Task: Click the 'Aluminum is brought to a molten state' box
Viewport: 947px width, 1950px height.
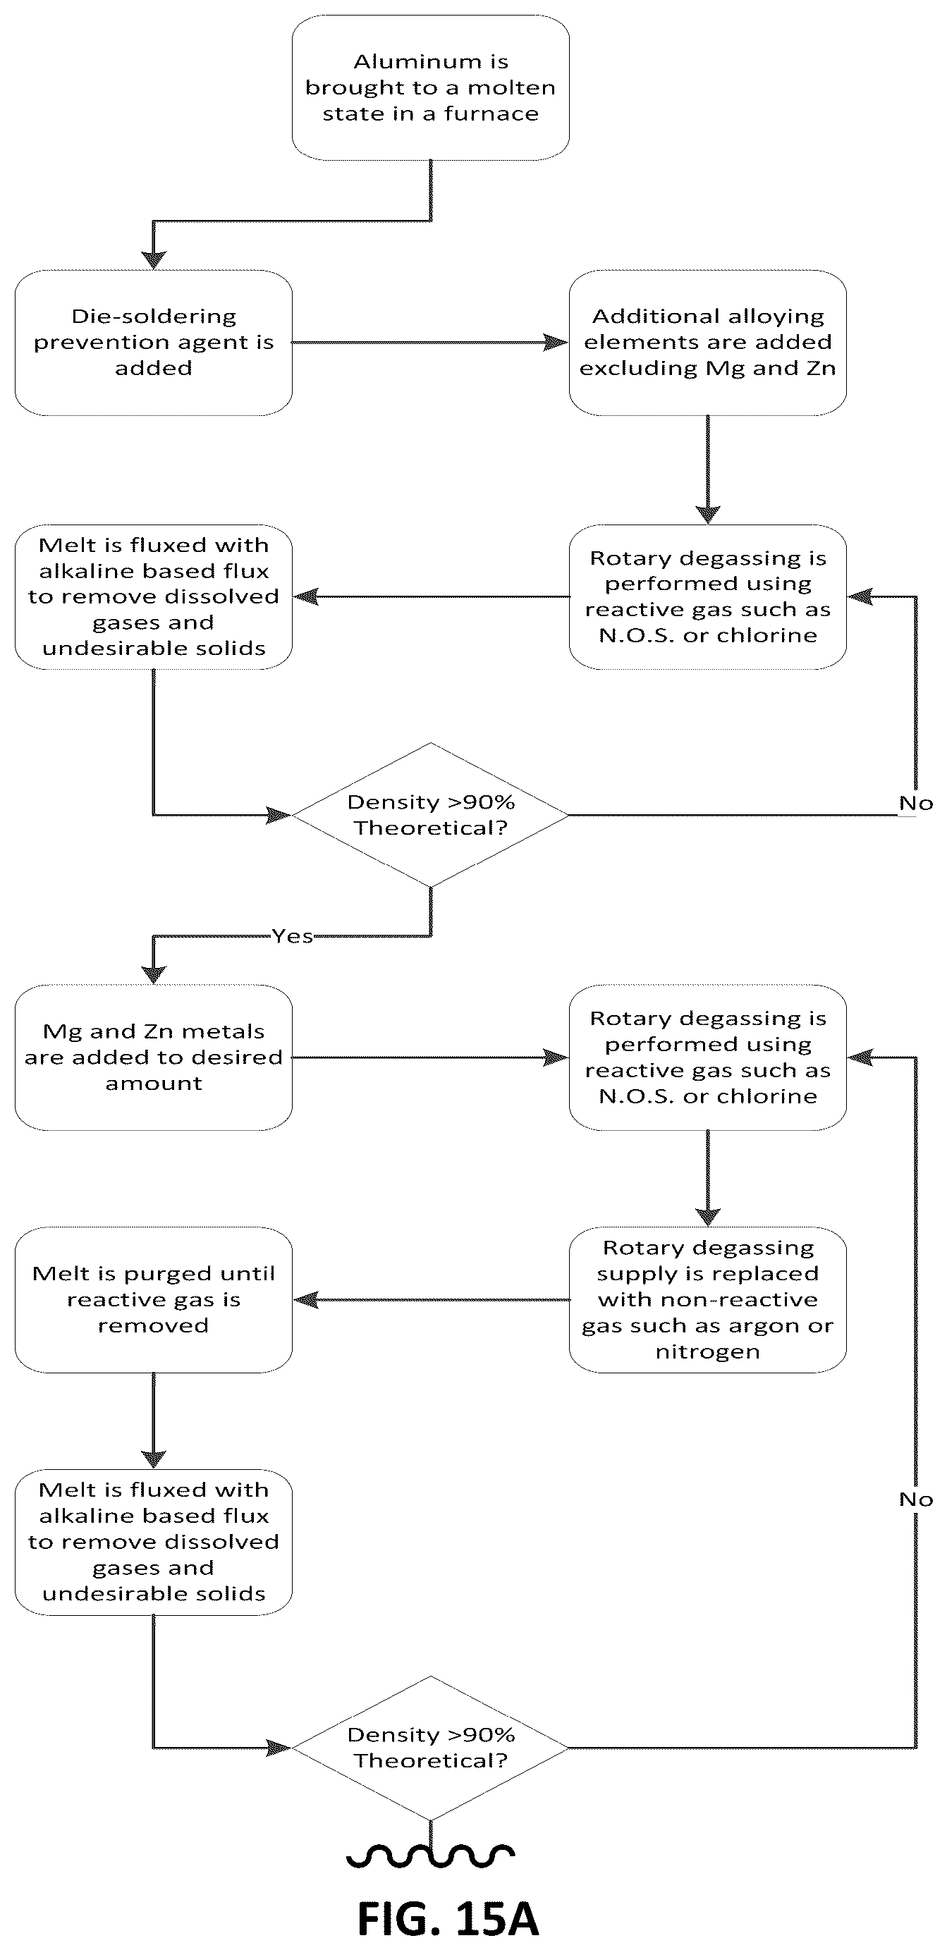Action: tap(430, 88)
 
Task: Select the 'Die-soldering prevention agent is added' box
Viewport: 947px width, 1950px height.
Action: tap(154, 342)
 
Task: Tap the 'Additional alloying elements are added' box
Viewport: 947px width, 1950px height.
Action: tap(708, 342)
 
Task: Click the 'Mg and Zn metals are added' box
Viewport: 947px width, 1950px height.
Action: tap(154, 1057)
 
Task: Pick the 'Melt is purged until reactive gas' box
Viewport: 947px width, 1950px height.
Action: tap(154, 1300)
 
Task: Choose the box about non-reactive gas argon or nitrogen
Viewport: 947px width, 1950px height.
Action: tap(708, 1300)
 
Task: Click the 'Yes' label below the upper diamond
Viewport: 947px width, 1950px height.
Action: tap(293, 936)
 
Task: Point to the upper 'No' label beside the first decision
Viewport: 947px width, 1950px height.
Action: tap(916, 803)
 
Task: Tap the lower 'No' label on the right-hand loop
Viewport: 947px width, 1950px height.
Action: tap(916, 1500)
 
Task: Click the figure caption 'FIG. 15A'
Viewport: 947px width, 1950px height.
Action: tap(448, 1919)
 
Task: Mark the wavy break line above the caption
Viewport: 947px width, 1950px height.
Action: tap(431, 1855)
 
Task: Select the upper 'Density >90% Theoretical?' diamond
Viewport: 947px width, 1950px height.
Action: tap(430, 815)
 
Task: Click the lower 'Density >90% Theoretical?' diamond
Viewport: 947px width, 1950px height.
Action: tap(430, 1748)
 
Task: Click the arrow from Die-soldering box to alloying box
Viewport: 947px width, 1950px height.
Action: tap(430, 342)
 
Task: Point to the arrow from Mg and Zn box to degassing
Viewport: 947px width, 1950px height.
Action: tap(430, 1057)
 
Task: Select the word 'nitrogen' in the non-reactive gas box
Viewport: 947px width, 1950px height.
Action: tap(708, 1351)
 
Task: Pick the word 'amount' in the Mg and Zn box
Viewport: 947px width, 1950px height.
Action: tap(154, 1084)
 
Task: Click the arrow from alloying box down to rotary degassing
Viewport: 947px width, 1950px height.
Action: tap(708, 470)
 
